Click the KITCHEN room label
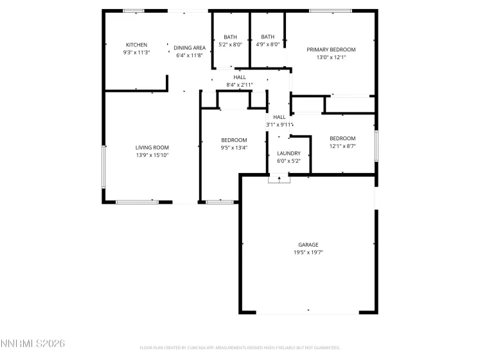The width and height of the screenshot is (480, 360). click(x=136, y=44)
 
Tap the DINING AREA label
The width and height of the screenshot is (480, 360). click(x=190, y=48)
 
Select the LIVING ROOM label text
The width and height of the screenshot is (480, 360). click(x=152, y=147)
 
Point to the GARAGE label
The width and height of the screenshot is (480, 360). click(x=308, y=245)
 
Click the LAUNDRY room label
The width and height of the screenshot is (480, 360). click(x=289, y=153)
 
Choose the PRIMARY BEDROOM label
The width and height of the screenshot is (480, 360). click(x=331, y=50)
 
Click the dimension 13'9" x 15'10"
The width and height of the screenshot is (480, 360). click(x=152, y=155)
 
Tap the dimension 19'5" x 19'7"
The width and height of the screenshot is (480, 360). click(x=308, y=253)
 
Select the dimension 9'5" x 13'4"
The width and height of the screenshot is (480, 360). click(x=234, y=148)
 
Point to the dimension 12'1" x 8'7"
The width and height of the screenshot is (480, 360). click(x=342, y=146)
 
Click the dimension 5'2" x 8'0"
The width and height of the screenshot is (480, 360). click(x=230, y=44)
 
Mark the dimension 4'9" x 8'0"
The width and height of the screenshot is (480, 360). click(x=267, y=44)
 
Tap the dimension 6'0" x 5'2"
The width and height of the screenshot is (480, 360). click(x=289, y=161)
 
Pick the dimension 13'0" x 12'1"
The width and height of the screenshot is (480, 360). click(x=331, y=57)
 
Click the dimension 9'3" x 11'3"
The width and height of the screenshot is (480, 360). click(x=136, y=52)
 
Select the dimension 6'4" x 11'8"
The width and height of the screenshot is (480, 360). click(x=190, y=55)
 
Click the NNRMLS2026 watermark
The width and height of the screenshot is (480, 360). click(x=33, y=345)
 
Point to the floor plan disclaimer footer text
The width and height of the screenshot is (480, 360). click(x=240, y=348)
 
